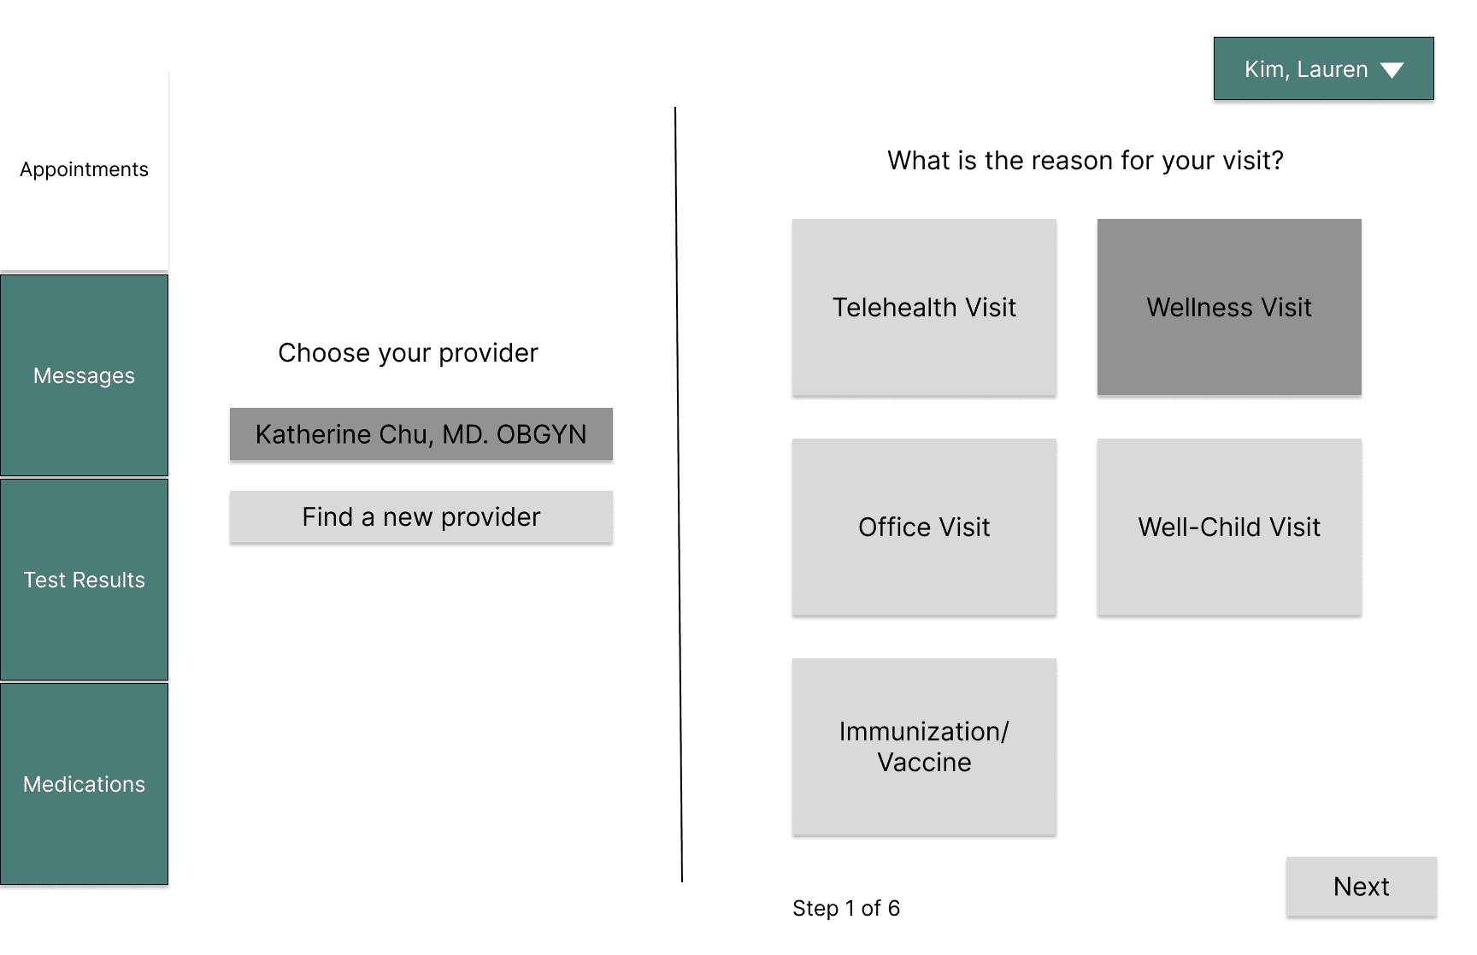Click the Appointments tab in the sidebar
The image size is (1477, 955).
pos(84,170)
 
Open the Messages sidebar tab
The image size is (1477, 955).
pos(84,375)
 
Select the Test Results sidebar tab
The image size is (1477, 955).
pos(84,580)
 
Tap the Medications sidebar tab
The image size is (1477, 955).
pos(84,784)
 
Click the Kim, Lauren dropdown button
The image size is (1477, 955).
pos(1323,68)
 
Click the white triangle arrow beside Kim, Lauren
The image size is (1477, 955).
pos(1392,70)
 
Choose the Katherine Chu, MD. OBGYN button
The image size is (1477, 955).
pos(421,434)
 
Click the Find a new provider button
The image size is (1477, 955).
pos(421,517)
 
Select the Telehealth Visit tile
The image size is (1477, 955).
pos(924,307)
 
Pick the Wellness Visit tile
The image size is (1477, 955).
pos(1229,307)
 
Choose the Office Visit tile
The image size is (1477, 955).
pos(924,527)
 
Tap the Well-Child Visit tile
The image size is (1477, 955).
pos(1229,527)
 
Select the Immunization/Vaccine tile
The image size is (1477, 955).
pos(924,746)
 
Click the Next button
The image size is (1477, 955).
pos(1361,887)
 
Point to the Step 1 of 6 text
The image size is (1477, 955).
pos(846,908)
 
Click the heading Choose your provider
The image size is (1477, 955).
pos(408,353)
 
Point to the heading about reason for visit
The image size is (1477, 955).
pos(1086,161)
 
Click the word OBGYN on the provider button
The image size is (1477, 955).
pos(541,434)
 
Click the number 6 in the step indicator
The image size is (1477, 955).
pos(894,908)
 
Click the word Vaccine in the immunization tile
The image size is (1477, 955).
pos(924,763)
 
